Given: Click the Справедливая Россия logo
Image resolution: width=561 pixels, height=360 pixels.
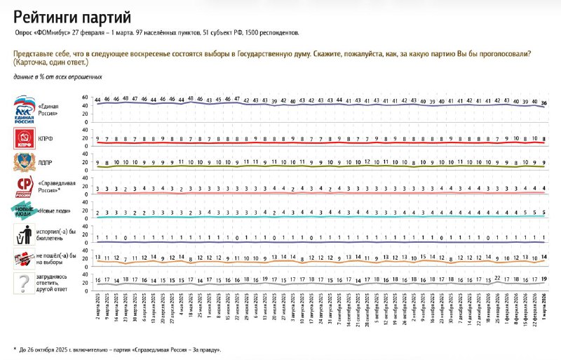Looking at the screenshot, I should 25,187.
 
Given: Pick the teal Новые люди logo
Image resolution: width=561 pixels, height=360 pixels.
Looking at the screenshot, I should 25,211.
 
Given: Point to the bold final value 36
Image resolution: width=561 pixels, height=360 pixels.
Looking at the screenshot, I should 544,103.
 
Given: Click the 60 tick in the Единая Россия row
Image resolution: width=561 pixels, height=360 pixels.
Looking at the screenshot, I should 86,97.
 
